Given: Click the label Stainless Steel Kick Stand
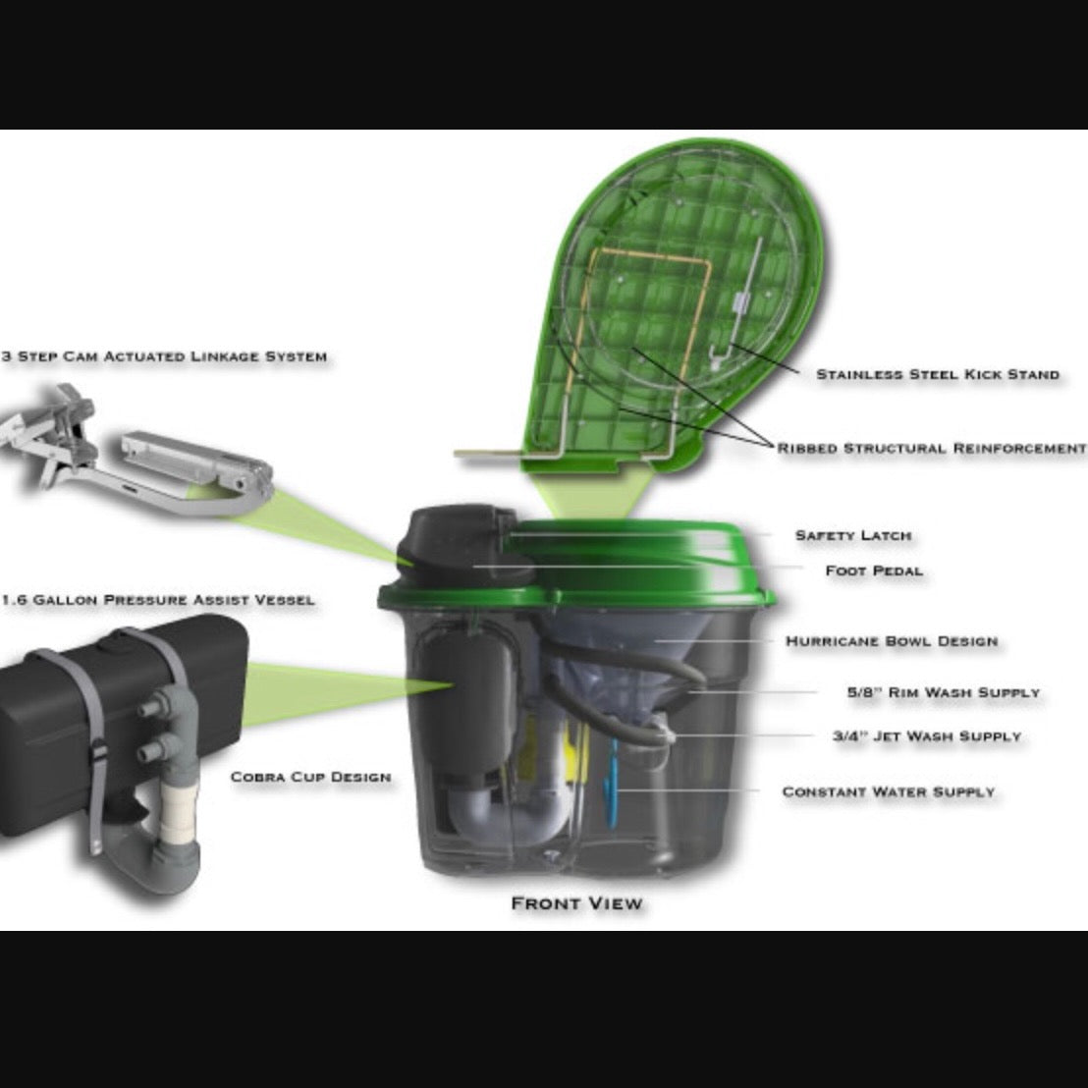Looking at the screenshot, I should coord(938,374).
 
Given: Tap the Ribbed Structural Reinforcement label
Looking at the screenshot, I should coord(932,448).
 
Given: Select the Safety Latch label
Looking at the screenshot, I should coord(852,535).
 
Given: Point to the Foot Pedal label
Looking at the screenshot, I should coord(874,570).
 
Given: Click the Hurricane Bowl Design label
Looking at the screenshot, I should coord(892,641).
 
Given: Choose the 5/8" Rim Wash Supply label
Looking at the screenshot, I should coord(943,692).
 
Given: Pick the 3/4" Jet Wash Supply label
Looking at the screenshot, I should coord(927,735).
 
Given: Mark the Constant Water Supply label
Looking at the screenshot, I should coord(888,791).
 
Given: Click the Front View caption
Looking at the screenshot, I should coord(576,902).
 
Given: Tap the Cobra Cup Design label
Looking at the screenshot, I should coord(310,777).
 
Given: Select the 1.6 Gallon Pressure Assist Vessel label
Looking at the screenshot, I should coord(159,599).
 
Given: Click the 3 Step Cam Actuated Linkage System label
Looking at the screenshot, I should coord(164,355).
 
